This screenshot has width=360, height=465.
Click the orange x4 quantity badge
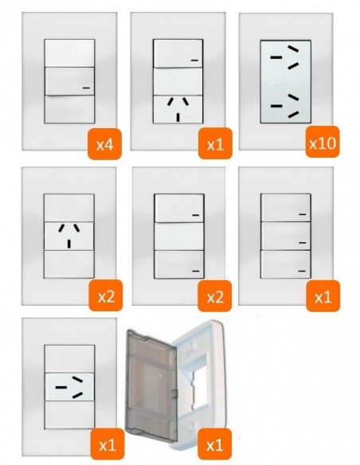click(x=104, y=144)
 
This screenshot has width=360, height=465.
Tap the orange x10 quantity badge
click(x=323, y=142)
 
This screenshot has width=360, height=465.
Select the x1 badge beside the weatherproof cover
click(x=215, y=444)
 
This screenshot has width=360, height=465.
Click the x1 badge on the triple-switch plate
click(x=323, y=296)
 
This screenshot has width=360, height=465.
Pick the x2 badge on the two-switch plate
click(x=215, y=296)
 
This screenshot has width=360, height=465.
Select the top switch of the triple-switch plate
click(x=286, y=208)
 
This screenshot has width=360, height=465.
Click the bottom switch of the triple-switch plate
click(x=286, y=264)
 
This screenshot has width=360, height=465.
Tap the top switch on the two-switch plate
click(x=179, y=208)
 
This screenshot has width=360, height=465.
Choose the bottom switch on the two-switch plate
click(x=179, y=264)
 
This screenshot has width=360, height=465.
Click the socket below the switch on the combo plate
click(x=178, y=109)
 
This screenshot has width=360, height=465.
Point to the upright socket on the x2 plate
click(x=69, y=236)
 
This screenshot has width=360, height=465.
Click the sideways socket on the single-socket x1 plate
click(x=69, y=387)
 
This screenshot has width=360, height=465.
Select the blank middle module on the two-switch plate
click(x=179, y=236)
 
